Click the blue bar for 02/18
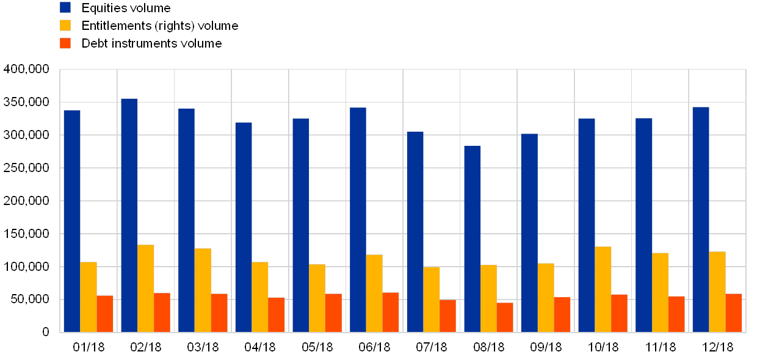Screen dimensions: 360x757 point(129,215)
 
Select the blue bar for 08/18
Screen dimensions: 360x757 point(472,239)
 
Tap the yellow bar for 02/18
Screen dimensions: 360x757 point(145,289)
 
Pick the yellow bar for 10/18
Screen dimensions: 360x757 point(603,289)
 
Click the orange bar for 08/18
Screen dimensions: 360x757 point(505,317)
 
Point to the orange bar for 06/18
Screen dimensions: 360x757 point(391,312)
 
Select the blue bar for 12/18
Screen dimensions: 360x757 point(701,220)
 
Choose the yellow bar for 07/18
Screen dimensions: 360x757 point(431,299)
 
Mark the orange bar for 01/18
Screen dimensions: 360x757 point(105,314)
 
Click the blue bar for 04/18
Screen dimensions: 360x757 point(243,227)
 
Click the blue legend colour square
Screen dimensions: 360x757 point(65,8)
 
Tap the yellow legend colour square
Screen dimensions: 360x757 point(65,26)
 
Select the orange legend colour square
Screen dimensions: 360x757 point(65,43)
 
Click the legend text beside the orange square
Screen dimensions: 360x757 point(153,43)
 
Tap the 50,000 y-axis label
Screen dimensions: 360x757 point(29,299)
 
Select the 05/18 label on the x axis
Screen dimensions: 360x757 point(317,347)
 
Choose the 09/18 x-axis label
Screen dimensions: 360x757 point(546,347)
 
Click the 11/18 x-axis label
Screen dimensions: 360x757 point(660,347)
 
